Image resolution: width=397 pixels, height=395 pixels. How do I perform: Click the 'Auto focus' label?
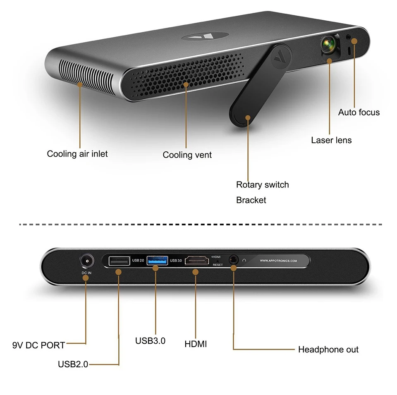click(x=359, y=112)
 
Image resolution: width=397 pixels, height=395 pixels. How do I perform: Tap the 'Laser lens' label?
click(x=331, y=140)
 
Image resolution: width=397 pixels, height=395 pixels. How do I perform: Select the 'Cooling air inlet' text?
click(x=77, y=154)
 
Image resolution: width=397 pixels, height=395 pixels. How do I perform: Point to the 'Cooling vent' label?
click(x=187, y=155)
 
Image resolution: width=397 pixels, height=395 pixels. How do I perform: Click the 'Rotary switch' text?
click(x=262, y=184)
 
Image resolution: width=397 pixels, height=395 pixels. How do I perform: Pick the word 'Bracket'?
click(x=251, y=200)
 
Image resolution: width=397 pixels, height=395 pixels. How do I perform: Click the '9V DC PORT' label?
click(x=38, y=345)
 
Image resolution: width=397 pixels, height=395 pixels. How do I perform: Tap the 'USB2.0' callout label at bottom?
click(x=73, y=364)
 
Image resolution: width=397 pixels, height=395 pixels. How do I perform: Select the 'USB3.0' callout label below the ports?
click(x=150, y=341)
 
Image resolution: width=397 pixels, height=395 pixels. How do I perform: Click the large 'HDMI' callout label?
click(x=196, y=344)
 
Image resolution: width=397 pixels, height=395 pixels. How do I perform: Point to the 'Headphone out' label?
click(x=328, y=350)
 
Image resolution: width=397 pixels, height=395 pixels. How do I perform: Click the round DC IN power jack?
click(x=86, y=261)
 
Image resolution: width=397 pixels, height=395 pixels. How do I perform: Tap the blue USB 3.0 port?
click(x=157, y=261)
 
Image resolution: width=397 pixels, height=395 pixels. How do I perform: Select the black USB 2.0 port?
click(x=119, y=261)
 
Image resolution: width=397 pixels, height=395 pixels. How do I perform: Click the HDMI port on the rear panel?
click(x=197, y=261)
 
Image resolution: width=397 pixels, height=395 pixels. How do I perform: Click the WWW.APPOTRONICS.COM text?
click(x=278, y=261)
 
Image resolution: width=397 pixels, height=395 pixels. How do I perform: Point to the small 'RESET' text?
click(x=218, y=265)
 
